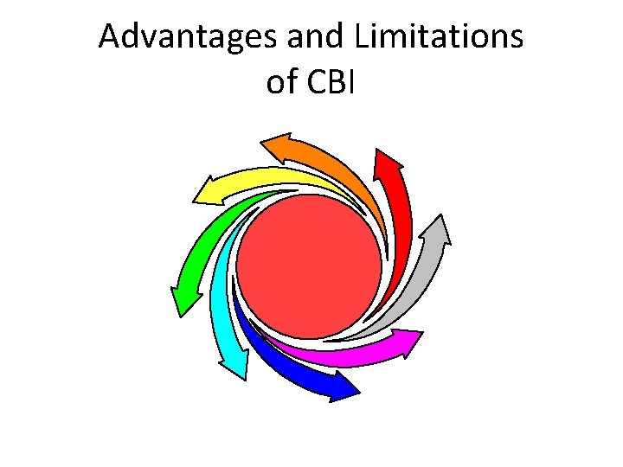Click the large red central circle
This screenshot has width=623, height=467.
click(309, 263)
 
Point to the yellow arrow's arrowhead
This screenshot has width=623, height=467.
click(208, 187)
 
